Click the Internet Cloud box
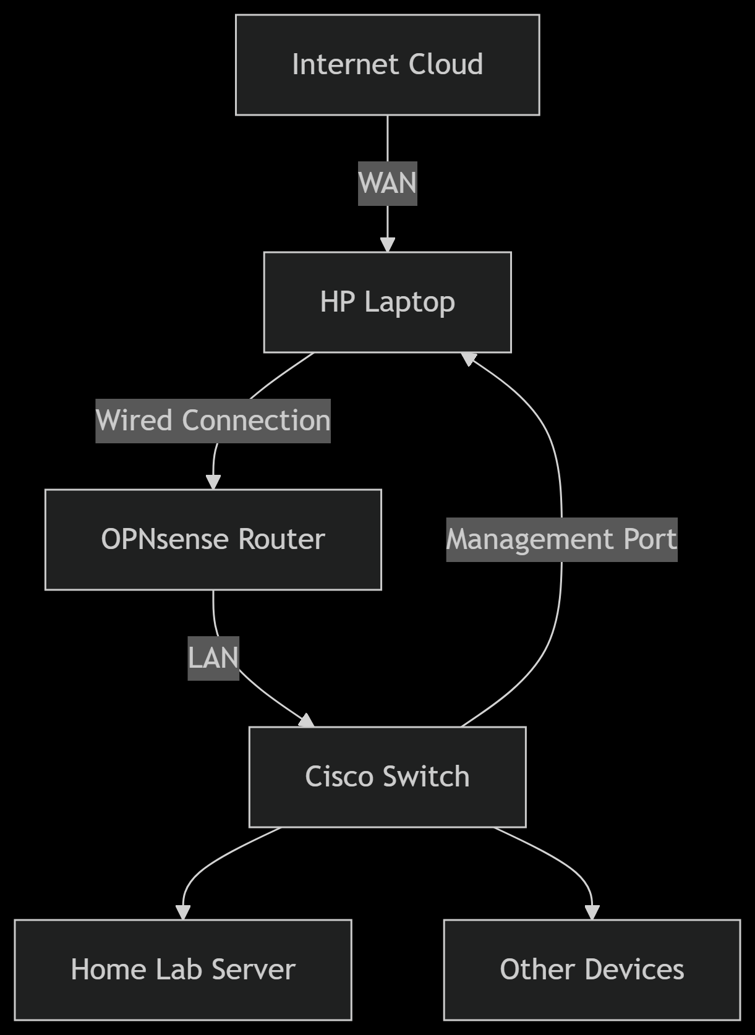[387, 65]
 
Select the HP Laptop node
[387, 302]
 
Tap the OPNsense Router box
[213, 540]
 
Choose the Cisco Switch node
[387, 777]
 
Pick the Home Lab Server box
[183, 969]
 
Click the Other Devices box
[592, 969]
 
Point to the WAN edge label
[388, 184]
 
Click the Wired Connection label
[213, 421]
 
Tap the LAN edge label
[213, 658]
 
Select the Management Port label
[561, 540]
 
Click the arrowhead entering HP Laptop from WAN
[388, 244]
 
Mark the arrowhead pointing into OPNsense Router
[213, 482]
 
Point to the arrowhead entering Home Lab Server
[183, 912]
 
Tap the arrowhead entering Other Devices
[592, 912]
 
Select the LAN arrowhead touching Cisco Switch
[307, 721]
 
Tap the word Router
[281, 540]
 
